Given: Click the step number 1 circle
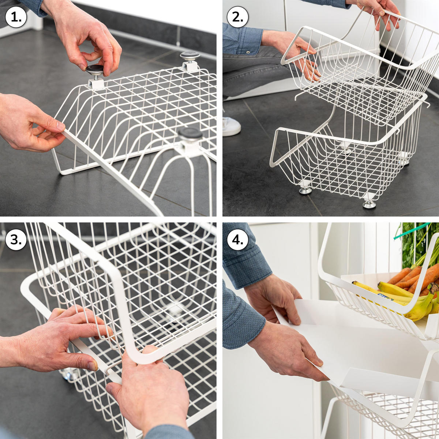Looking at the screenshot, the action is coord(16,17).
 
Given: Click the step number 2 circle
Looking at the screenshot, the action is coord(238,17).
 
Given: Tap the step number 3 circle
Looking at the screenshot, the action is coord(16,240).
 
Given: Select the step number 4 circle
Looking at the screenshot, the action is coord(238,240).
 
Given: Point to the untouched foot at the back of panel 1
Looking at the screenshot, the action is coord(190,59).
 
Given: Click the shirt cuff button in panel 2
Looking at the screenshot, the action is coord(248,52).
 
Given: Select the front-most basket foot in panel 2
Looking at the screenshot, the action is coord(369,203).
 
